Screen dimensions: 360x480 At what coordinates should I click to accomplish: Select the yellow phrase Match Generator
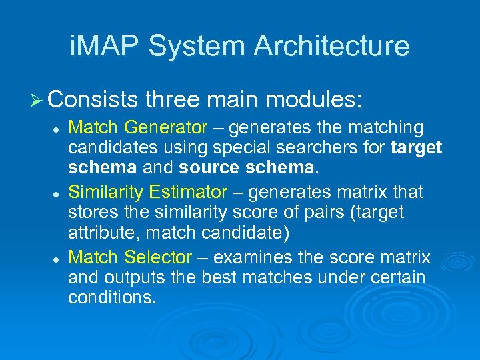[131, 127]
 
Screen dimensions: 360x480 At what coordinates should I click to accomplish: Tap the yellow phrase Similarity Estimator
[147, 193]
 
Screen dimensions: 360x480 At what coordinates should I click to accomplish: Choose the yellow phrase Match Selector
[130, 257]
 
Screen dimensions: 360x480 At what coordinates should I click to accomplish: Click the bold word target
[417, 147]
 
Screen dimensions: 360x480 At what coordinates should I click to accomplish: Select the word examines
[259, 257]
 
